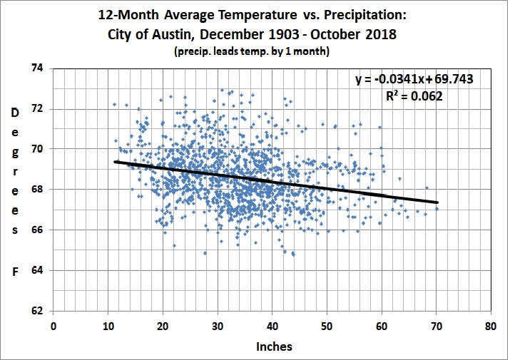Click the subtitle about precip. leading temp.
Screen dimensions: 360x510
point(254,52)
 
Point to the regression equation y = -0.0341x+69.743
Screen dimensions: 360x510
point(415,80)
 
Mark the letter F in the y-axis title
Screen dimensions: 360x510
point(14,272)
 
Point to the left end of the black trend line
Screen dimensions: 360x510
point(115,162)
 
